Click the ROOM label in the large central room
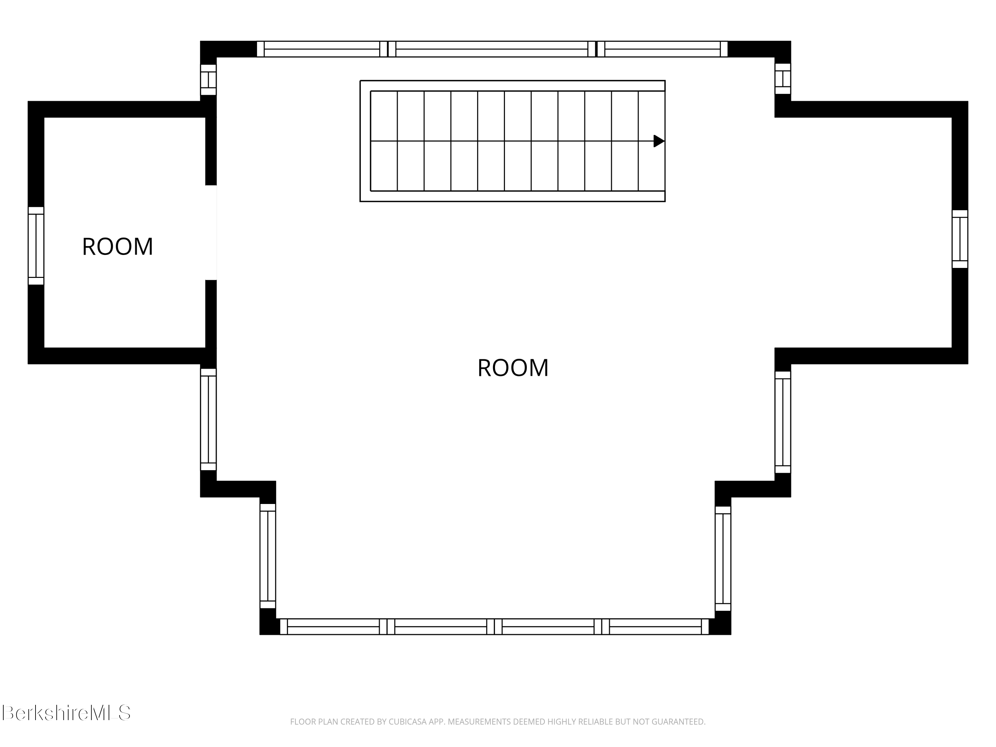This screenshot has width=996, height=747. click(x=513, y=368)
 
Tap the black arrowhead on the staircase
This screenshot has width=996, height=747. click(x=659, y=141)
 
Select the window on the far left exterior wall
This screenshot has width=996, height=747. click(x=36, y=246)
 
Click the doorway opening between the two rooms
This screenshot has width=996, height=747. click(x=211, y=232)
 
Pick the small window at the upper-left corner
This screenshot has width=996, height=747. click(x=208, y=80)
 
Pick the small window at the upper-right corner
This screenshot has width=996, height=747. click(x=783, y=79)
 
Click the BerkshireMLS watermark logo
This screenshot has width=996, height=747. click(x=66, y=713)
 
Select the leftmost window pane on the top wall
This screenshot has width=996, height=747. click(x=321, y=49)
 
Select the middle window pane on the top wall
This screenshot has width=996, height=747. click(x=492, y=49)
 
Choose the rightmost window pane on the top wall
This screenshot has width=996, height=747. click(x=662, y=49)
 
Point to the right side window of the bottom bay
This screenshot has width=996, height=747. click(x=723, y=558)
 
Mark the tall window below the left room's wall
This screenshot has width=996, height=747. click(x=208, y=420)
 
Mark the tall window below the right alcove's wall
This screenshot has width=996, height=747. click(x=783, y=422)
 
